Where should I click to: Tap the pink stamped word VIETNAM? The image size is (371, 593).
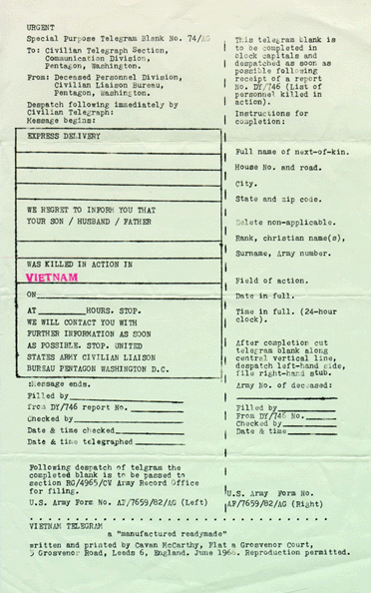(x=51, y=278)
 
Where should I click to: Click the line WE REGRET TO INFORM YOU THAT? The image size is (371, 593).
(x=92, y=210)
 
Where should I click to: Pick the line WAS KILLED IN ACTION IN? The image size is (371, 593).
(x=81, y=264)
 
